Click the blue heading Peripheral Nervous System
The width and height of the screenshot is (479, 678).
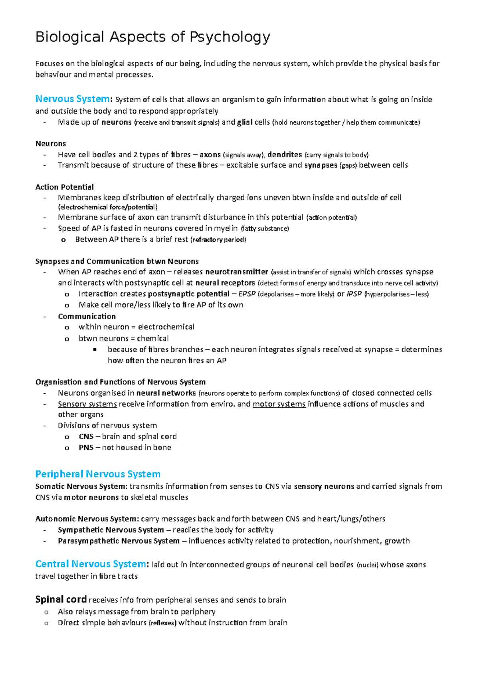coord(98,474)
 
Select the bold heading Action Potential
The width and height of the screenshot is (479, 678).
coord(65,187)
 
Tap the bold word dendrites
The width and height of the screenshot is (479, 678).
coord(285,155)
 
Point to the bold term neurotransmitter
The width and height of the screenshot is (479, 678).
coord(237,272)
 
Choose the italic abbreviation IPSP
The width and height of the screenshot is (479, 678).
coord(354,294)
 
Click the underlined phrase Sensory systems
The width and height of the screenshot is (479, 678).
coord(87,404)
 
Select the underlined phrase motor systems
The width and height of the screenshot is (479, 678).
coord(279,404)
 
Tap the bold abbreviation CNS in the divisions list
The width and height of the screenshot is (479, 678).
coord(86,436)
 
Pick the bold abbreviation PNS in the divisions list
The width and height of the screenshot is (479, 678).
coord(86,448)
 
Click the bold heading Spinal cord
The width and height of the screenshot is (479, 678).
coord(61,599)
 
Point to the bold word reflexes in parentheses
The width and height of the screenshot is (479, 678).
coord(162,623)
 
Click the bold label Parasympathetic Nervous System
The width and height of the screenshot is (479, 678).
coord(119,541)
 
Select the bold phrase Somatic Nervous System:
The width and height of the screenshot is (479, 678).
coord(81,486)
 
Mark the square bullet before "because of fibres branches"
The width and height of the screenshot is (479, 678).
coord(95,350)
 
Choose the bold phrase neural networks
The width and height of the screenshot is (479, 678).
coord(166,393)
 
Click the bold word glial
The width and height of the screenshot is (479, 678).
coord(245,123)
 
